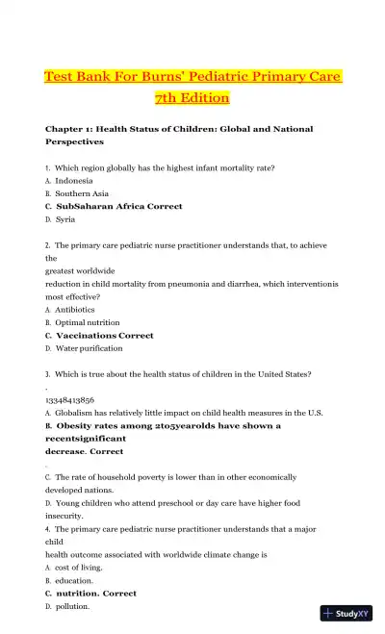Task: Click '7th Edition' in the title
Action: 192,98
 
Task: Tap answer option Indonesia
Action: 74,181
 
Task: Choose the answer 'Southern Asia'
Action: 81,193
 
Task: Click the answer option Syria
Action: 65,219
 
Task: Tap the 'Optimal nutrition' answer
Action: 88,322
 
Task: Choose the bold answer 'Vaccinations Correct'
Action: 105,336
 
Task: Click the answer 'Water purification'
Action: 89,348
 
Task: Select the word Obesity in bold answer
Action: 79,425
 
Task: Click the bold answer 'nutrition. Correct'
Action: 96,594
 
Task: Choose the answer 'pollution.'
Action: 73,607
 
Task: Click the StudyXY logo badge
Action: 346,613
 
